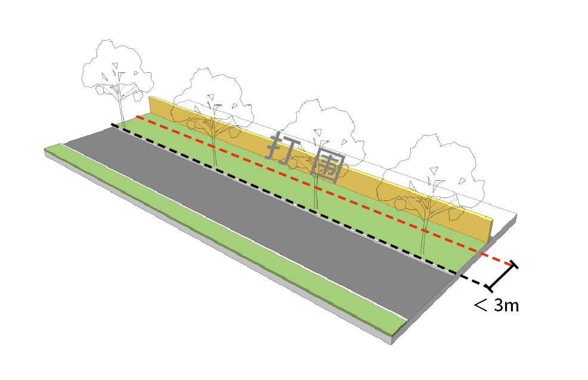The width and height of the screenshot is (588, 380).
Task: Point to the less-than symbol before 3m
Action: (481, 306)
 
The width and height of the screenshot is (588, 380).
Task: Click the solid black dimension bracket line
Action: (502, 277)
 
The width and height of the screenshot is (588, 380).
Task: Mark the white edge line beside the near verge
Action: (239, 236)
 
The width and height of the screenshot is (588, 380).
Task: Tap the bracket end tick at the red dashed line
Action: (513, 264)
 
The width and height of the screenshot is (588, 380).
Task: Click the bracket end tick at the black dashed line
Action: (491, 289)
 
